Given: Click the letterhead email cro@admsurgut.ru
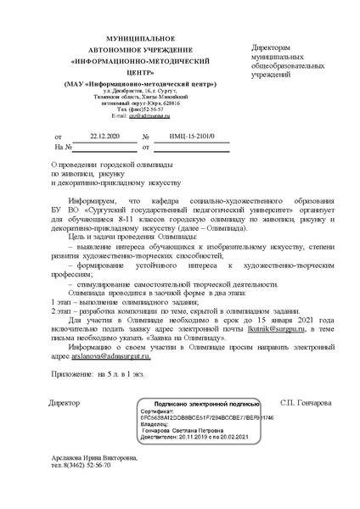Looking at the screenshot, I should tap(144, 115).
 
